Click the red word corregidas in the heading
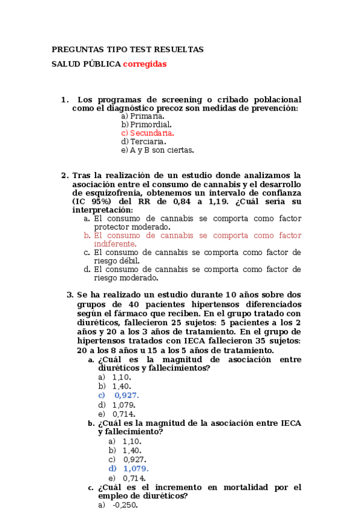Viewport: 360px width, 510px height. (x=145, y=64)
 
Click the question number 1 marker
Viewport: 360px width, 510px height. (x=64, y=99)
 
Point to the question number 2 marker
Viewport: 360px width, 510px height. (x=64, y=176)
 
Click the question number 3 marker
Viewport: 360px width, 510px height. (x=70, y=295)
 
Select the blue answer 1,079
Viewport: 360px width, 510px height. (x=136, y=469)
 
